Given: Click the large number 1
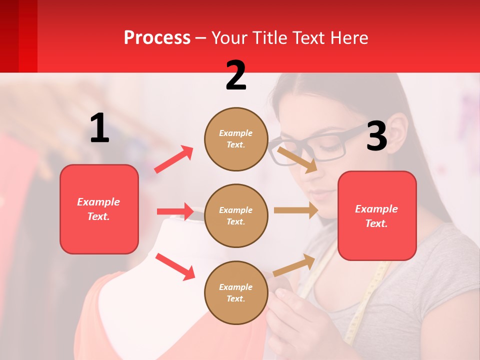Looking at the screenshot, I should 99,128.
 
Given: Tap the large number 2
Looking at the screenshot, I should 236,75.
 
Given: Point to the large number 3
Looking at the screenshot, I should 376,136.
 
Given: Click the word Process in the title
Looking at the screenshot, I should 157,37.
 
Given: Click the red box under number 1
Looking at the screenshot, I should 99,209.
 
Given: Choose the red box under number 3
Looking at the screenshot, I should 377,215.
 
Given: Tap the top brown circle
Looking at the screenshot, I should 236,139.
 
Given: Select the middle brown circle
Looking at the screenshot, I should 236,215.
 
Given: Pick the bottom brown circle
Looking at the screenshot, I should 236,292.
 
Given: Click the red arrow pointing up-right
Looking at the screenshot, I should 173,159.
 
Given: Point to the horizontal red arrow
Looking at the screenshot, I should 175,211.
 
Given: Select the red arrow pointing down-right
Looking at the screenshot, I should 175,266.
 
